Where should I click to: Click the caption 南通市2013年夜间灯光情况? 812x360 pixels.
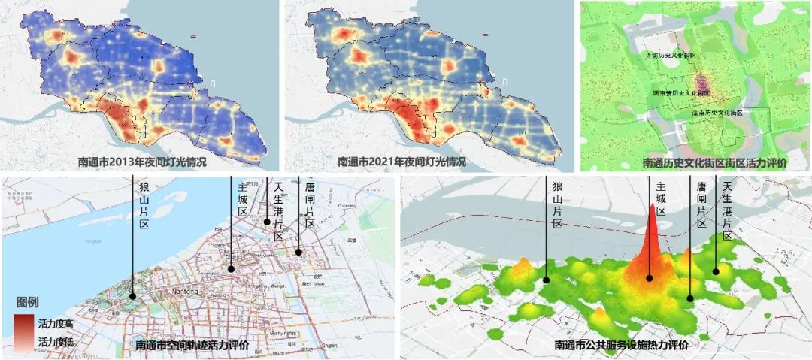tap(142, 162)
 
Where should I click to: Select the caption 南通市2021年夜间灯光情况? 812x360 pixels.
tap(401, 162)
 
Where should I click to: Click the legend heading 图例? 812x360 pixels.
tap(28, 303)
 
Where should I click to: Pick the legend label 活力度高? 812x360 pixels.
tap(55, 323)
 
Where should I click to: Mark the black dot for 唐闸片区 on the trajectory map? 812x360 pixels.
tap(298, 253)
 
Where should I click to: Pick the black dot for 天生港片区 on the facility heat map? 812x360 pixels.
tap(716, 272)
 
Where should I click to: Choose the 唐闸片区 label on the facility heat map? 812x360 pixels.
tap(701, 205)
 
